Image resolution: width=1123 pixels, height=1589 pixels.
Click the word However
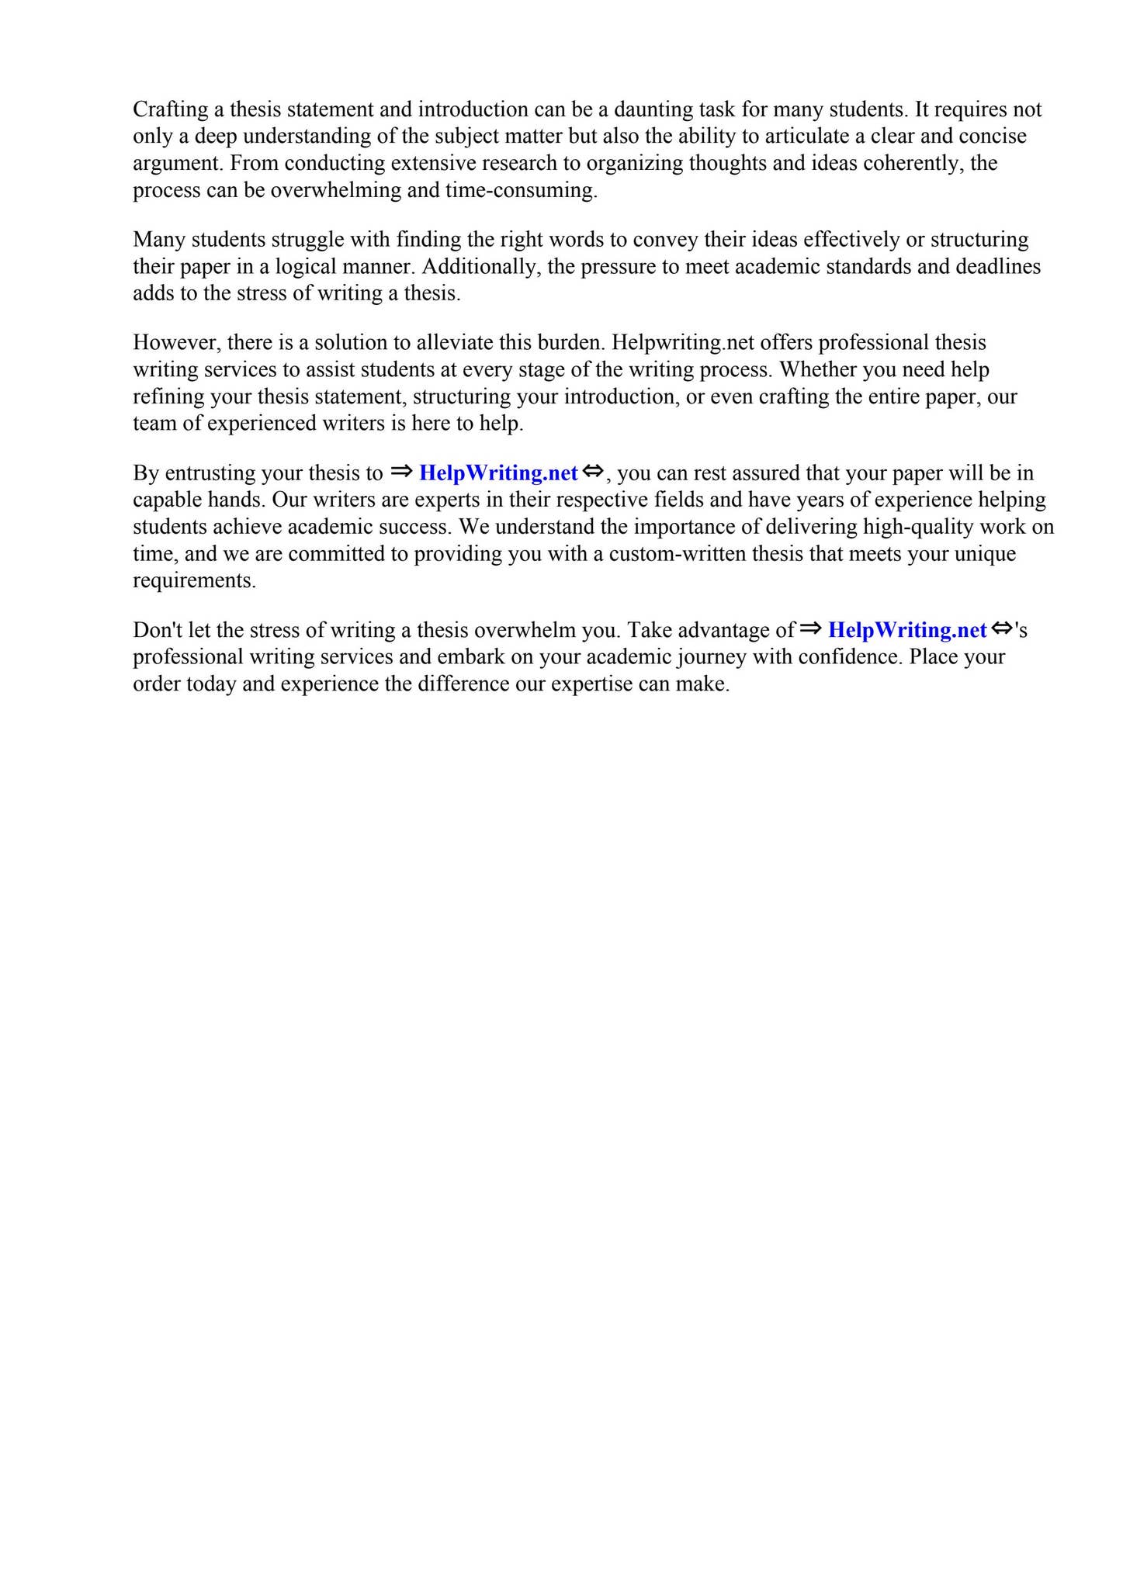[176, 342]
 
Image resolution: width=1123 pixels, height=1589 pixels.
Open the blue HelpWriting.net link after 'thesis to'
[498, 473]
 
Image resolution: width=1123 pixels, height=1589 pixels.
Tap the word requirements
[194, 580]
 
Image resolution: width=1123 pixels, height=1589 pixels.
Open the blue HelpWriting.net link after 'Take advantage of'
[906, 630]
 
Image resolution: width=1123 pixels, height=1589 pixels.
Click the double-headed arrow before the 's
[1002, 628]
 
